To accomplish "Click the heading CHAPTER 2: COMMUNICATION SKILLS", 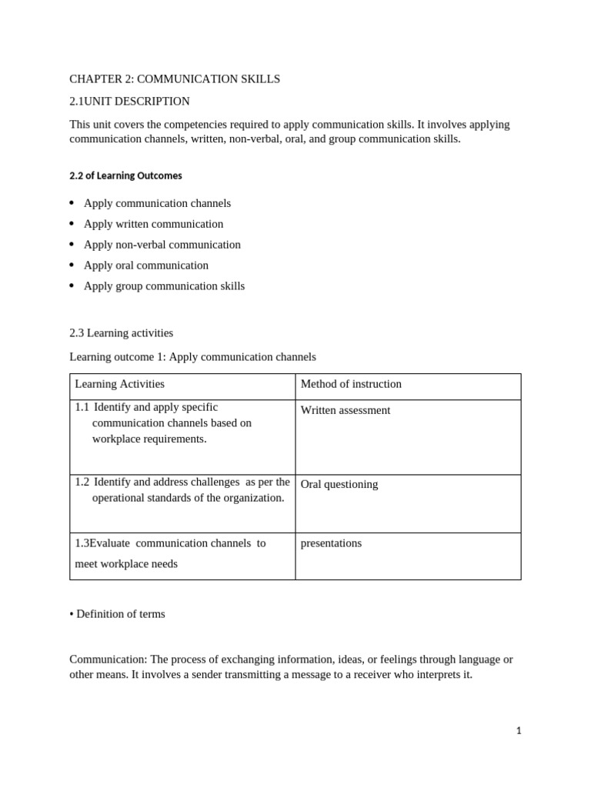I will pos(175,79).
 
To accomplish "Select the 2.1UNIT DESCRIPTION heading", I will pos(129,102).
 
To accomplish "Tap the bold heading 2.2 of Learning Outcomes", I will pos(125,175).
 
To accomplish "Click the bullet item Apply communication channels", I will pos(157,203).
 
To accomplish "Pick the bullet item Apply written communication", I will pos(153,224).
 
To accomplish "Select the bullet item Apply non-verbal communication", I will pos(162,245).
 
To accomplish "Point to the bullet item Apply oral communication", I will pos(145,265).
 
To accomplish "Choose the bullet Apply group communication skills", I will pos(164,286).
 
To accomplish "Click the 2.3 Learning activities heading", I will pos(121,333).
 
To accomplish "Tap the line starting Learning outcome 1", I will pos(192,357).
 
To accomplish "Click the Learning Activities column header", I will pos(119,384).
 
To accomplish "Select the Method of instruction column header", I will pos(351,384).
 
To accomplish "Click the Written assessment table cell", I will pos(345,410).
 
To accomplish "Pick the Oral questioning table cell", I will pos(339,484).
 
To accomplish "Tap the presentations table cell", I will pos(331,543).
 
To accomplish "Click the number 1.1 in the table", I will pos(82,407).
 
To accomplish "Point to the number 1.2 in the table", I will pos(82,482).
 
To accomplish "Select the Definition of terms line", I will pos(120,614).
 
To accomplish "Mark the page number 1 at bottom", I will pos(519,731).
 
